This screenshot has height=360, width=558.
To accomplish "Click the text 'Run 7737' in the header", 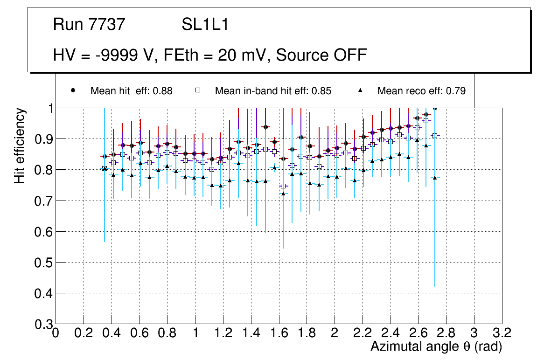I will (x=89, y=24).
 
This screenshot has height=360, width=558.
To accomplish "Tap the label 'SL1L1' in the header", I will (x=205, y=24).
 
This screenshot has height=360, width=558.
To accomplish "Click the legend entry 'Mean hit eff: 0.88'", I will (x=131, y=91).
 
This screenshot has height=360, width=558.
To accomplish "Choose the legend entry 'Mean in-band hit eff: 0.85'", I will (x=273, y=91).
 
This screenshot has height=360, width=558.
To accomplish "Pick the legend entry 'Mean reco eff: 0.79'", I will (x=421, y=91).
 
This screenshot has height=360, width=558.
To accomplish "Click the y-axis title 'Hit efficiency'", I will (x=20, y=145).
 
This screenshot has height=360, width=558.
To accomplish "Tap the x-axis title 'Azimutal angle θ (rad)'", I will (x=436, y=346).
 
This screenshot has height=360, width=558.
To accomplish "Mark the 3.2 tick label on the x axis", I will (x=502, y=333).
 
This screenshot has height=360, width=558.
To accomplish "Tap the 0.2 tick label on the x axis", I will (x=84, y=333).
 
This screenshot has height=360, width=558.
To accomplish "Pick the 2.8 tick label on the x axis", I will (x=446, y=333).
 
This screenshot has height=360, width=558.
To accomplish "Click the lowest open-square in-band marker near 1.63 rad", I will (x=283, y=186).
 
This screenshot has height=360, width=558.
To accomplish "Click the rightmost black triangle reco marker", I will (x=435, y=178).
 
